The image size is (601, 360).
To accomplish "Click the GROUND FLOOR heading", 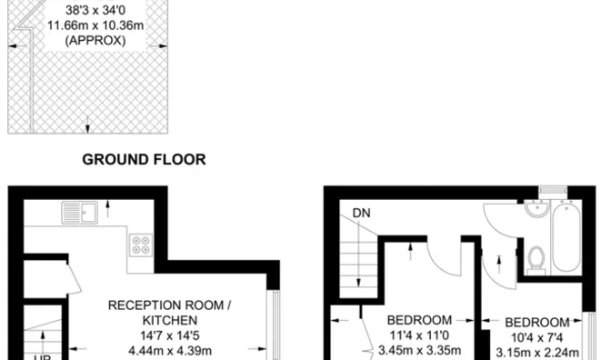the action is click(145, 159).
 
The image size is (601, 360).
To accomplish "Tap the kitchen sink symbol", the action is click(80, 213).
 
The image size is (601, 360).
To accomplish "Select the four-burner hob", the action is click(141, 245).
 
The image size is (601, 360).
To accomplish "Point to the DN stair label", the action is click(362, 213).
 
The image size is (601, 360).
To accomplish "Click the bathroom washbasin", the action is click(537, 209).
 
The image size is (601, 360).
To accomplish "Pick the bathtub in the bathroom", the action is click(566, 236).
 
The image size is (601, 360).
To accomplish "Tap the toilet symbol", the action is click(536, 261).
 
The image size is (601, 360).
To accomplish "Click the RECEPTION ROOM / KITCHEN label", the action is click(170, 313).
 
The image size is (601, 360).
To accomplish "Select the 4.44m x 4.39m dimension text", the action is click(170, 350).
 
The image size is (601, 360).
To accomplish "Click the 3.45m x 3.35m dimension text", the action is click(419, 350).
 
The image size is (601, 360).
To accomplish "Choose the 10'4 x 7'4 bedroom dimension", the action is click(537, 338).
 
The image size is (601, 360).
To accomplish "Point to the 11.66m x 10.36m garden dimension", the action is click(95, 25).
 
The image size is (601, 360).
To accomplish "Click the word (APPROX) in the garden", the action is click(95, 40).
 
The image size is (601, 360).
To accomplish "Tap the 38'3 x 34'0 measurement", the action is click(95, 10).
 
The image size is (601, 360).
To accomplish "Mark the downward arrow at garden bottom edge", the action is click(87, 125).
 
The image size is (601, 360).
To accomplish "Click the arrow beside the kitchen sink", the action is click(107, 208).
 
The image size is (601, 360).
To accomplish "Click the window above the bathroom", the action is click(553, 189).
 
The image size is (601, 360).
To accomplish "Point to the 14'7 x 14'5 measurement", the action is click(170, 335).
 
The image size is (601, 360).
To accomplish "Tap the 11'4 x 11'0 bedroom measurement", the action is click(419, 335).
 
